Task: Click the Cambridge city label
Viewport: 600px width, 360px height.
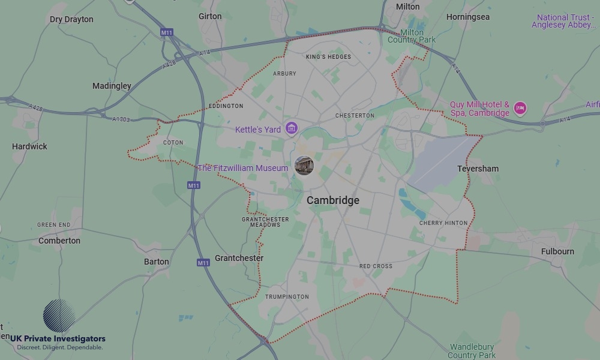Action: (x=333, y=200)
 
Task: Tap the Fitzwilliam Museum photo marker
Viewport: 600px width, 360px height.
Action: (x=304, y=166)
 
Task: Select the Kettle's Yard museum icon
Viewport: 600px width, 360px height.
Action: (x=292, y=128)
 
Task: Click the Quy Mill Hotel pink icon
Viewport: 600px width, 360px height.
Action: (x=520, y=109)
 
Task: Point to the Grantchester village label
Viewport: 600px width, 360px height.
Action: (x=239, y=258)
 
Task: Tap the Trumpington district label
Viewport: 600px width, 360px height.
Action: (x=287, y=296)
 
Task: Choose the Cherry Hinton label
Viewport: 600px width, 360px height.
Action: (x=443, y=223)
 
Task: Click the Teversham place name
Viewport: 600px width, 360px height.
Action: (x=478, y=169)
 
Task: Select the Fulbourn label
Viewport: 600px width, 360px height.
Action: (x=557, y=251)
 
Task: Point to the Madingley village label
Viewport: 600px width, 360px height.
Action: (x=112, y=86)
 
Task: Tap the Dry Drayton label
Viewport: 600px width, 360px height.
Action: (x=71, y=19)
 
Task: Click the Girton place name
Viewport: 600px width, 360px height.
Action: (x=210, y=16)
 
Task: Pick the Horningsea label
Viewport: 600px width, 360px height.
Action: (x=468, y=17)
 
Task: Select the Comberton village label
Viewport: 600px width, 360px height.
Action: (x=59, y=241)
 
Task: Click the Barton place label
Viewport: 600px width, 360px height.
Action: (x=157, y=262)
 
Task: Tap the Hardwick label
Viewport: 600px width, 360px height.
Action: (x=29, y=146)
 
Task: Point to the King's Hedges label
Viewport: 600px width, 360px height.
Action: (x=328, y=57)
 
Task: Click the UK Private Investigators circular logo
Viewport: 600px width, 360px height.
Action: (x=59, y=316)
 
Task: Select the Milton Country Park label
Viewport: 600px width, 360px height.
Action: (x=412, y=36)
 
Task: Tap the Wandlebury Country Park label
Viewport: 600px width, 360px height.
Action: (x=472, y=351)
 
